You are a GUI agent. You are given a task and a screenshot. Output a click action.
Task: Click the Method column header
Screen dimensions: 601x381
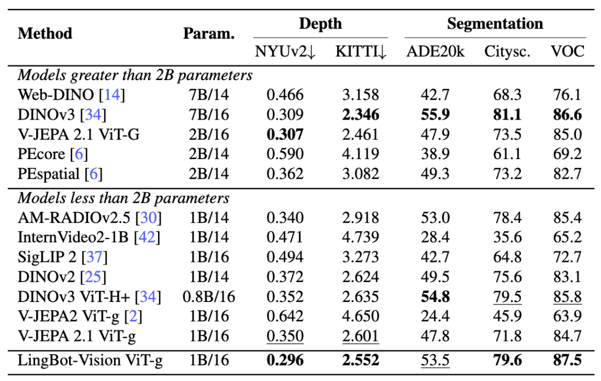(x=45, y=33)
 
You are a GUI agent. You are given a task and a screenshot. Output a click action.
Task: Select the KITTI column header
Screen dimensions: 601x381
(x=361, y=51)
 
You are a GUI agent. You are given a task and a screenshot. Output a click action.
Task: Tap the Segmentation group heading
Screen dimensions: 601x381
(x=495, y=24)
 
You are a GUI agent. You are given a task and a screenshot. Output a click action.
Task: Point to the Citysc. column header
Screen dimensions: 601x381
(x=507, y=52)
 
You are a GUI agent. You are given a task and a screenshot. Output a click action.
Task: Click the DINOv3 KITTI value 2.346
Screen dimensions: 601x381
(x=361, y=115)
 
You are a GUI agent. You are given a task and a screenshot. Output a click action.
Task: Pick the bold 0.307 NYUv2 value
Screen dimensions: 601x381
(x=285, y=135)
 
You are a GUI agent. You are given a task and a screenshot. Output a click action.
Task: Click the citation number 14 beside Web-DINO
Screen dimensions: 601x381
(x=112, y=95)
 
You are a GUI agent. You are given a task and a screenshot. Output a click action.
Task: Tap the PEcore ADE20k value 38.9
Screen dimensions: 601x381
(x=435, y=154)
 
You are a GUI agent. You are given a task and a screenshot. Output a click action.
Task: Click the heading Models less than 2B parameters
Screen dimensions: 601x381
(x=124, y=198)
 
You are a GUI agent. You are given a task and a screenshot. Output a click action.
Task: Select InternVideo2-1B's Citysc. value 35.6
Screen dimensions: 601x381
(x=507, y=237)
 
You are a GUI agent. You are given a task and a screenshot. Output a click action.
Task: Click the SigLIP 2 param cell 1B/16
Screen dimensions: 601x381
(x=209, y=257)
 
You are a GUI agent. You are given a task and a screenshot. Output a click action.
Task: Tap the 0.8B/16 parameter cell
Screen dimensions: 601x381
(x=209, y=297)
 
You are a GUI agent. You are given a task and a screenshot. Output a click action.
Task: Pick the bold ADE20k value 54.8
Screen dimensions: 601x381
(x=435, y=297)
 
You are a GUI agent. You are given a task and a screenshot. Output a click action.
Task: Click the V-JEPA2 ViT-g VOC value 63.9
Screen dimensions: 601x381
(x=567, y=316)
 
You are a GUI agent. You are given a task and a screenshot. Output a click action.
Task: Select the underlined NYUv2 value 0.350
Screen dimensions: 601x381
(x=285, y=336)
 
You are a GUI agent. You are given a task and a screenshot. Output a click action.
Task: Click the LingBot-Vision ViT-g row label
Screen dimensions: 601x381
(x=90, y=360)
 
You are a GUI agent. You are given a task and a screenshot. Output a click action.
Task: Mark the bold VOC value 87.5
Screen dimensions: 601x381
(x=567, y=360)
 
